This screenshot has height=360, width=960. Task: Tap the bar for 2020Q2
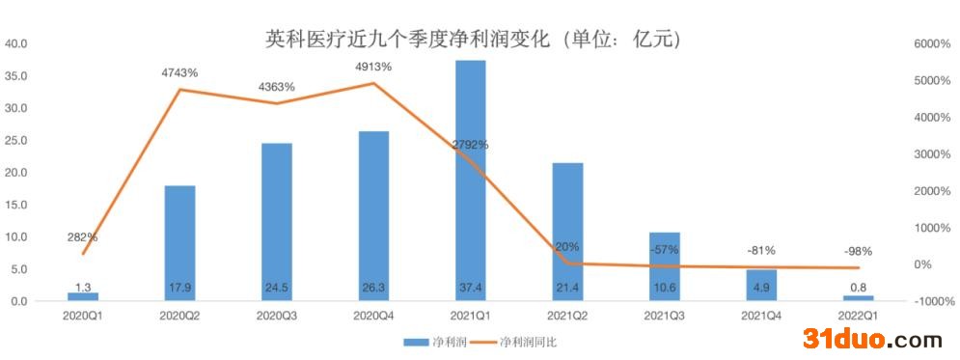(x=179, y=241)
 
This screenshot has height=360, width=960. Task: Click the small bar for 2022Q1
(x=858, y=297)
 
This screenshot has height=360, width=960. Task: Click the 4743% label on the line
(x=179, y=72)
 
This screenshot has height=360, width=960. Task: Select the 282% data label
(x=82, y=236)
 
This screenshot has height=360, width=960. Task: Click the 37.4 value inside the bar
(x=470, y=287)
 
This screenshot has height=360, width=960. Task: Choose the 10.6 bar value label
(x=664, y=287)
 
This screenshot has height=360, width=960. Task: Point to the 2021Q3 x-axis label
(x=664, y=315)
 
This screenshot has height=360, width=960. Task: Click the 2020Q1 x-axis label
(x=82, y=315)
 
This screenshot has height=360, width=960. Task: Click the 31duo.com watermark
(x=872, y=339)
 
